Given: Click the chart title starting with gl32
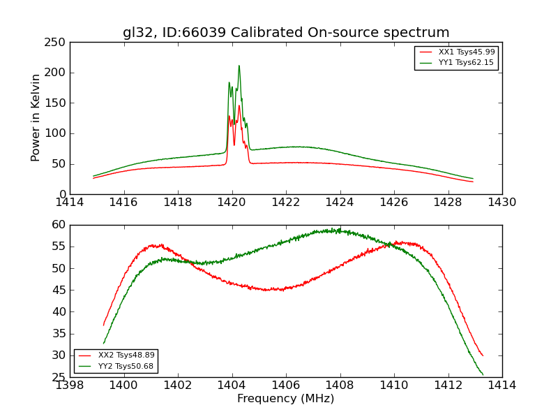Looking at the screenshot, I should [286, 33].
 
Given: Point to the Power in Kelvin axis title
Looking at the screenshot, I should [36, 117].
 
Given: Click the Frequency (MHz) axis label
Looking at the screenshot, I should [286, 399].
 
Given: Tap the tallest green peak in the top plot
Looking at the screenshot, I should [239, 66].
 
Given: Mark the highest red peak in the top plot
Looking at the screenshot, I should [239, 105].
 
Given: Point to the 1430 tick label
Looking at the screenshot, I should [502, 203].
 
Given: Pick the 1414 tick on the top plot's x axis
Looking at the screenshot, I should [70, 203].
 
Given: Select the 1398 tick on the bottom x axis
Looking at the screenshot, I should [70, 385].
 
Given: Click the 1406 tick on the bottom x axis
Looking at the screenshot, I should [286, 385].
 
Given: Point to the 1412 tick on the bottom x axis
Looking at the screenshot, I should [448, 385].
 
